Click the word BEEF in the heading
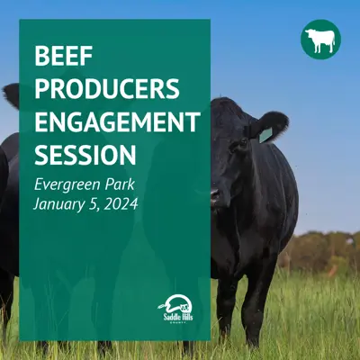point(63,56)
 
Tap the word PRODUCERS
point(107,89)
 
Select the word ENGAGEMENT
point(118,121)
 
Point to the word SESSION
point(85,155)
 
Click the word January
point(60,205)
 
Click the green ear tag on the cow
point(265,135)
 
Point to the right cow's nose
point(215,196)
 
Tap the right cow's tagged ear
point(267,126)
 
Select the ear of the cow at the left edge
point(11,95)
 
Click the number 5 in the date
point(94,204)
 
